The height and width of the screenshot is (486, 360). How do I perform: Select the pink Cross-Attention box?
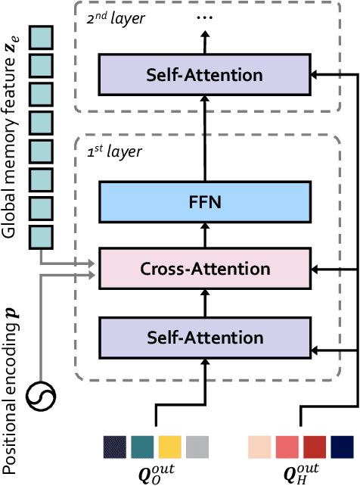tap(205, 269)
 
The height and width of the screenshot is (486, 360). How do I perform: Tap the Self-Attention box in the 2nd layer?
tap(205, 75)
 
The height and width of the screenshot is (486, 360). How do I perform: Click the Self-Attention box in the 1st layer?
tap(205, 337)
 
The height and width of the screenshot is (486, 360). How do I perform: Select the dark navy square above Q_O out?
tap(116, 447)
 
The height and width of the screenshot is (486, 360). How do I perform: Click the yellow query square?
tap(169, 447)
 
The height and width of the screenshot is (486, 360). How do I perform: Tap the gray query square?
tap(197, 447)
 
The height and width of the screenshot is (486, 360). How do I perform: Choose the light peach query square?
tap(260, 447)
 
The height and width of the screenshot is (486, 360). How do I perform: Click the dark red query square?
tap(315, 447)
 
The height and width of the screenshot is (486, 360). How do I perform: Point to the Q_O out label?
tap(154, 474)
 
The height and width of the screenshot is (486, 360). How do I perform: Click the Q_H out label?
tap(300, 474)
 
